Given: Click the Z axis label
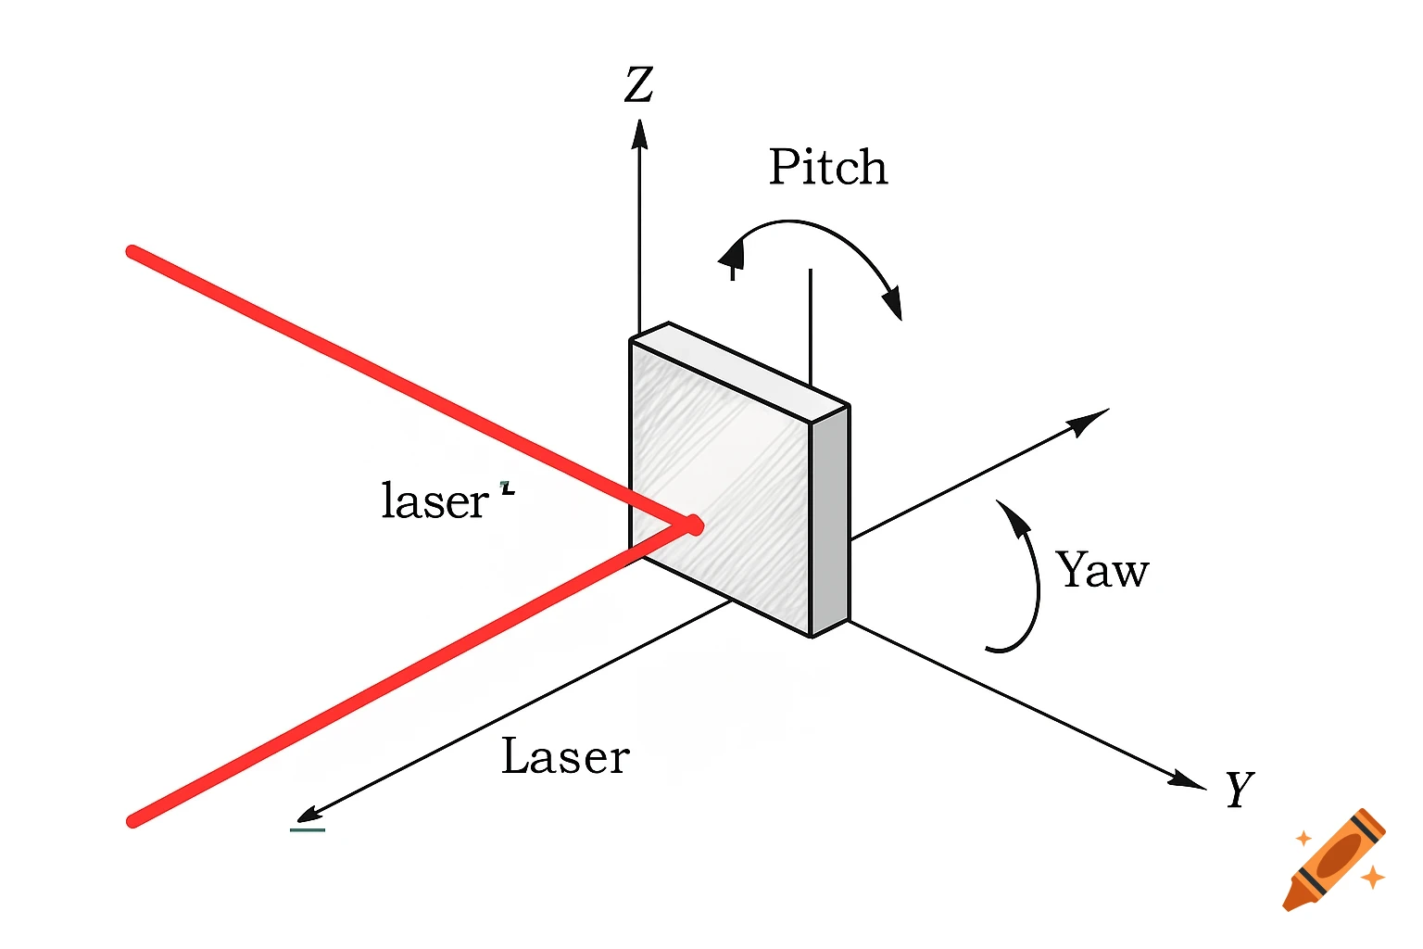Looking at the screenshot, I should point(639,84).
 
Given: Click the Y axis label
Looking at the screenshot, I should point(1239,790).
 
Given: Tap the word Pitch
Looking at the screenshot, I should point(828,168).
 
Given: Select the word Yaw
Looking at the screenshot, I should point(1102,570).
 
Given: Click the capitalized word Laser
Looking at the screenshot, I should point(565,757).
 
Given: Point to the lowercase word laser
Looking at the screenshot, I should point(434,501).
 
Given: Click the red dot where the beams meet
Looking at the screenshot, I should point(692,525).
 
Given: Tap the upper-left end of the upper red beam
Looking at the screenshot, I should point(133,252).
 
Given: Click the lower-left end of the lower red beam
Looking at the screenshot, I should point(133,820).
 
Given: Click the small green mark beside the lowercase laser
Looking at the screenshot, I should point(507,487).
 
